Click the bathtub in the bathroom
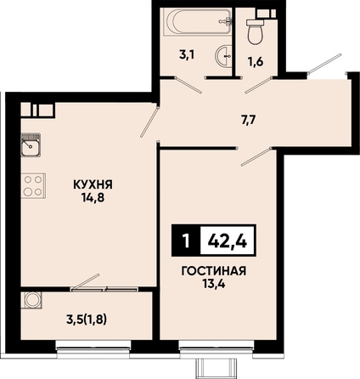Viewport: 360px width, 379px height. point(198,22)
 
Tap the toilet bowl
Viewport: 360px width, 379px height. point(256,31)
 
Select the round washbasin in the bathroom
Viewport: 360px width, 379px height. point(224,56)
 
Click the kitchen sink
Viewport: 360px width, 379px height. point(31,144)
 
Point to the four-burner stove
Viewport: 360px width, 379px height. point(33,186)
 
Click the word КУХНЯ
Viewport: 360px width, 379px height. point(93,185)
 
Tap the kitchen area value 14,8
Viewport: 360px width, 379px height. point(93,198)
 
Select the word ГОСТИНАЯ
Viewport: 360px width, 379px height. point(214,271)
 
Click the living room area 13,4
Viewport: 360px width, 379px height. point(214,284)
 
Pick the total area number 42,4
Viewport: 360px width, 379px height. point(228,241)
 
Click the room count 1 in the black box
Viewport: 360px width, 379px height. point(186,241)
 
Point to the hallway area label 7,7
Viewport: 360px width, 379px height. point(248,121)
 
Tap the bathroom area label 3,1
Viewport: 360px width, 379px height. point(187,55)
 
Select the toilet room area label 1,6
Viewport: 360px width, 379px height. point(256,61)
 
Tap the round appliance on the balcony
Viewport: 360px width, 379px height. point(31,300)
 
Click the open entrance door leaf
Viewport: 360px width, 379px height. point(325,64)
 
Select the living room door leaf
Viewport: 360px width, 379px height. point(256,156)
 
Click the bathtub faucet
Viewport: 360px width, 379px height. point(226,21)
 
